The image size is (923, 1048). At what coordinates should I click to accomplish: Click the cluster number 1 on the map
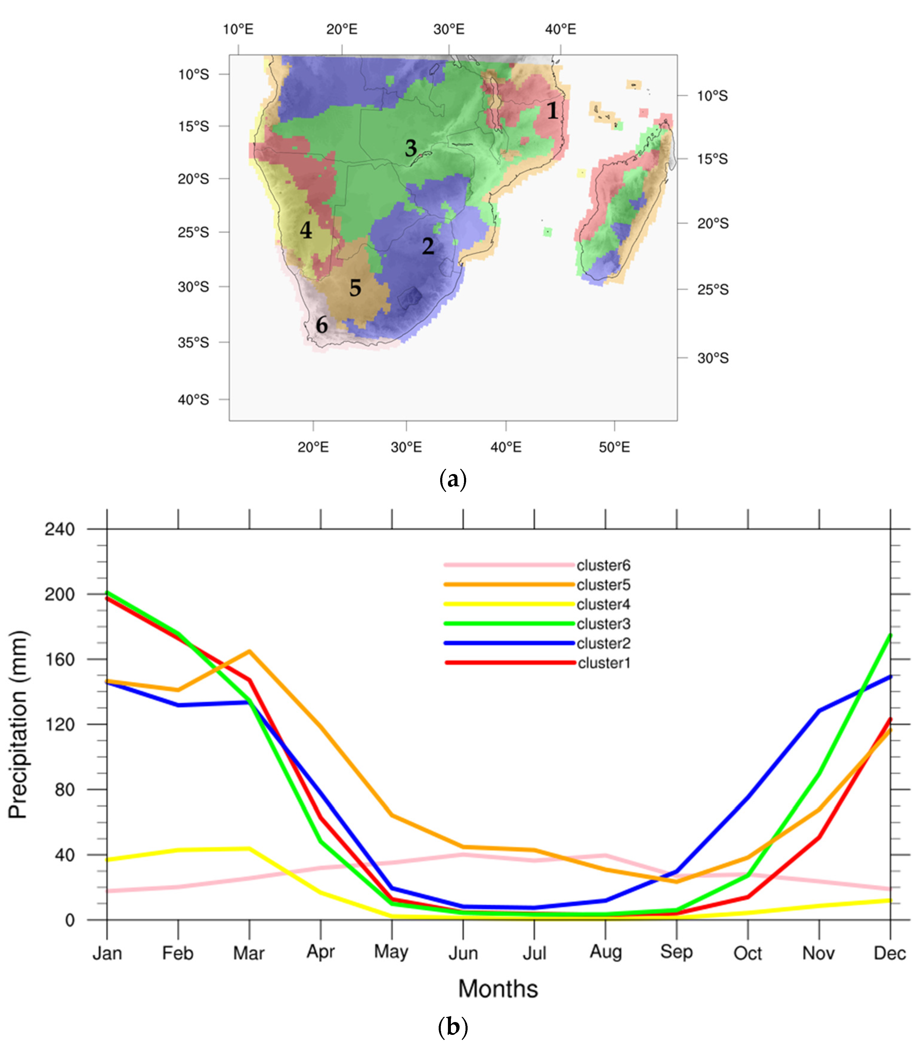(x=552, y=110)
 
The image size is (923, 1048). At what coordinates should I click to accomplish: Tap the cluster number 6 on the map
(x=321, y=325)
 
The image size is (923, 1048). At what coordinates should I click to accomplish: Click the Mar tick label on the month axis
(x=249, y=953)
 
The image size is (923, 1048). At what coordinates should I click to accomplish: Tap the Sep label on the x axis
(x=676, y=952)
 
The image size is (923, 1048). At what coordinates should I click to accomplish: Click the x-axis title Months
(x=498, y=989)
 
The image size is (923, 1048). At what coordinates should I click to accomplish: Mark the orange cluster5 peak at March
(x=250, y=651)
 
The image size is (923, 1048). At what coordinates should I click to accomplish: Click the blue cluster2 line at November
(x=819, y=711)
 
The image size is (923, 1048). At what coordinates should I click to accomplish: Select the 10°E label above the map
(x=238, y=29)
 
